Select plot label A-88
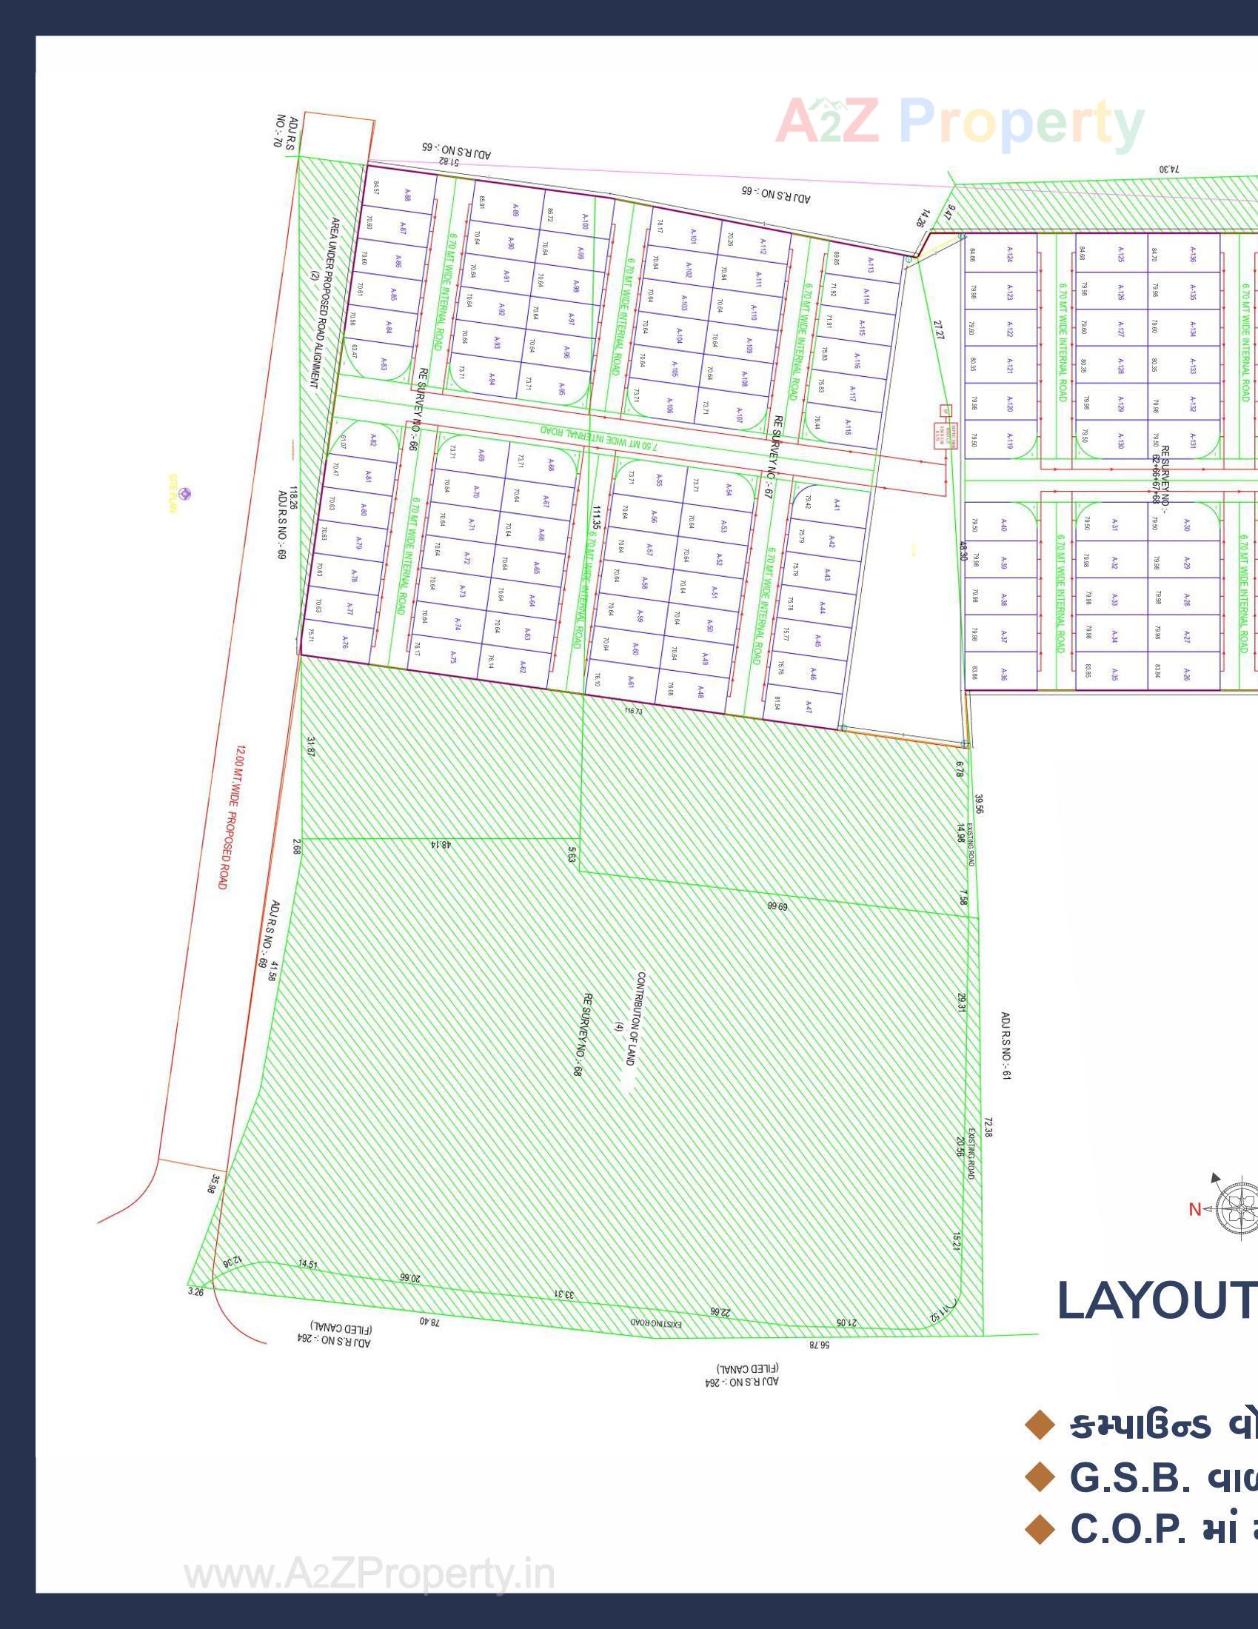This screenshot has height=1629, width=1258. [407, 195]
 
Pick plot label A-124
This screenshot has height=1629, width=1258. [1010, 254]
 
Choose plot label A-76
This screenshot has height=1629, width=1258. [344, 642]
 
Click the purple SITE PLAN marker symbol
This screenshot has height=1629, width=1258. [186, 493]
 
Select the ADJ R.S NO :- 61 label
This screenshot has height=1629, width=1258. [1006, 1046]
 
